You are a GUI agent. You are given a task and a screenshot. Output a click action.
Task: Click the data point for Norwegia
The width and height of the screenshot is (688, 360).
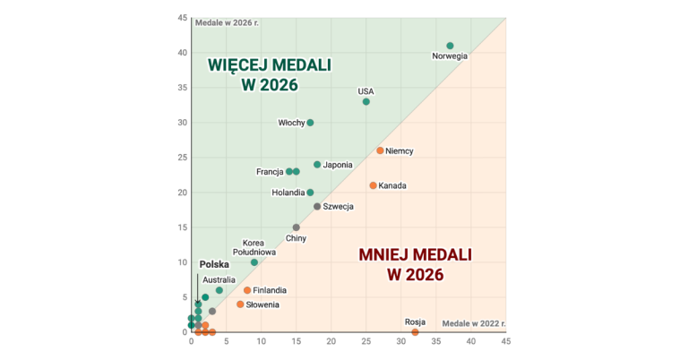pos(450,46)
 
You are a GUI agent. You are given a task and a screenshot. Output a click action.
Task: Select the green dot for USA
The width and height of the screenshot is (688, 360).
pos(365,101)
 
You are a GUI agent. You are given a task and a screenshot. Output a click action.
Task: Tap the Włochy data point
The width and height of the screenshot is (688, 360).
pos(310,123)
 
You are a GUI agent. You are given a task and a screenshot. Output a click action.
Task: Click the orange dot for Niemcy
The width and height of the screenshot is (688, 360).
pos(380,150)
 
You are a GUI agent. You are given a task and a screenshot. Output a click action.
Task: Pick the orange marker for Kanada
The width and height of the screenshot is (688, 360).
pos(373,185)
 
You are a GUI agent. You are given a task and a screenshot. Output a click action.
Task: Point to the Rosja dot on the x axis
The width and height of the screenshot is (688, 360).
pos(415,332)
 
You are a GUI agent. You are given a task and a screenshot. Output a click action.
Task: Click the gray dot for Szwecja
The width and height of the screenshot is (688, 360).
pos(317,207)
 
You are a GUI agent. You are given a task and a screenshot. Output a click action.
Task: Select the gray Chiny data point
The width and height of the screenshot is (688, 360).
pos(296,227)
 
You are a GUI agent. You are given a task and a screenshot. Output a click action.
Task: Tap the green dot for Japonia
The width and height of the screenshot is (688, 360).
pos(317,165)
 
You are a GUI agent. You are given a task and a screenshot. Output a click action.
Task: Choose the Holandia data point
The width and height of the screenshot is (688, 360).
pos(310,193)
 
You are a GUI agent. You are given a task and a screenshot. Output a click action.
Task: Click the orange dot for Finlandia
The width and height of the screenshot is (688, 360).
pos(247,290)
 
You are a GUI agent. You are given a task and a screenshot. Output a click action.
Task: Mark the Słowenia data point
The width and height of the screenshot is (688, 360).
pos(240,304)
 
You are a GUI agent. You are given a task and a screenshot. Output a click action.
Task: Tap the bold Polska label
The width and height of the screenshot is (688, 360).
pos(214,264)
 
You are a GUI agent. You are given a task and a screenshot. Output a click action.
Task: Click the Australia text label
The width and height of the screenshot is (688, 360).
pos(219,279)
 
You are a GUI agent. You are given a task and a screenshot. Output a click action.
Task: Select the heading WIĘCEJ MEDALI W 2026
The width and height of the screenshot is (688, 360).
pos(269,75)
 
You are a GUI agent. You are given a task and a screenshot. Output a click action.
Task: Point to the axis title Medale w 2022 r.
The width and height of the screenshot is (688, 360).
pos(474,322)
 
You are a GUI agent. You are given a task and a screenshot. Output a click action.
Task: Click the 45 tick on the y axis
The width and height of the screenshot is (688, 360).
pos(182,18)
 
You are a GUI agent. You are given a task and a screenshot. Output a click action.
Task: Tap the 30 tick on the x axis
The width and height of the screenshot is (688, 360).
pos(400,341)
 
